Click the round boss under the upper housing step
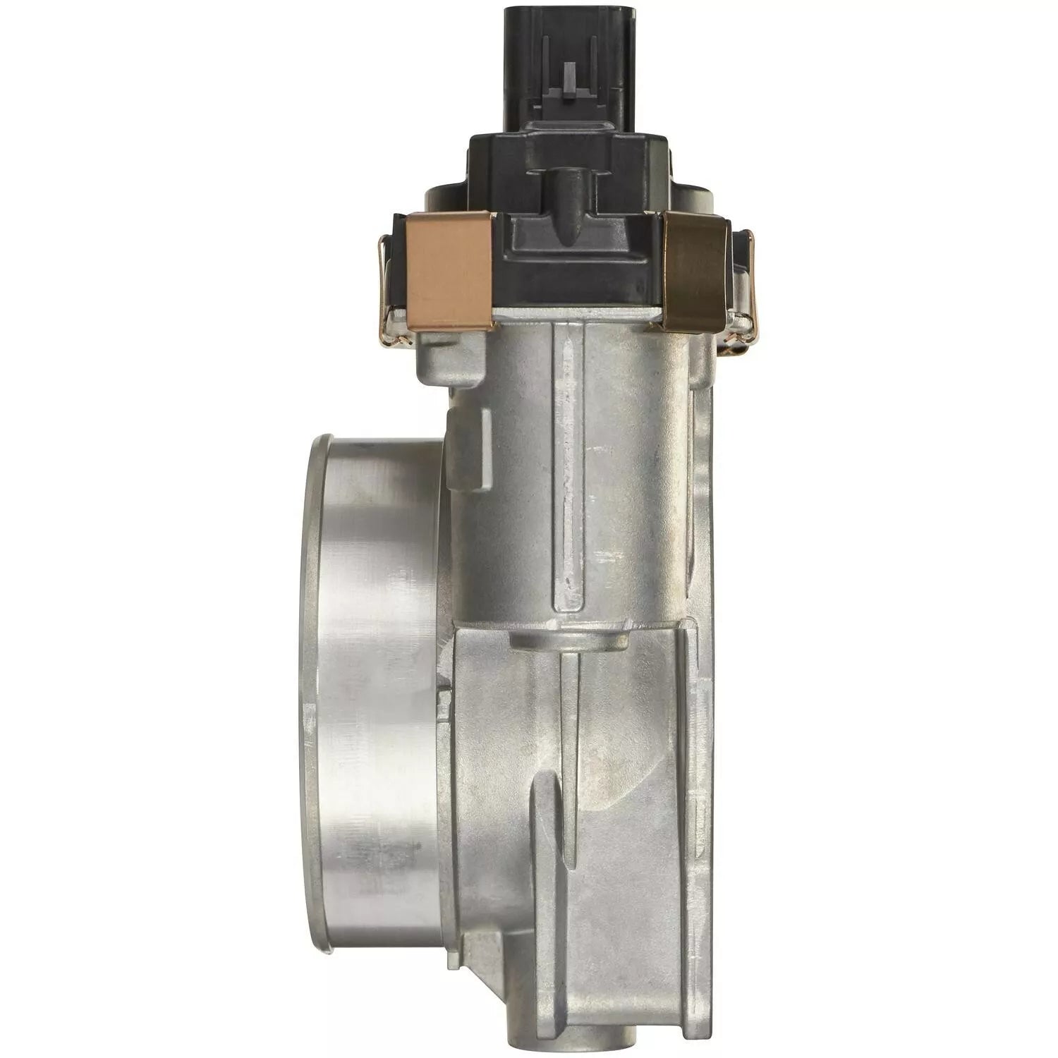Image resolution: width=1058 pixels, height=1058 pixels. tap(568, 638)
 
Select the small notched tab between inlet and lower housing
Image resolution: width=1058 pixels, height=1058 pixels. tap(444, 698)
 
